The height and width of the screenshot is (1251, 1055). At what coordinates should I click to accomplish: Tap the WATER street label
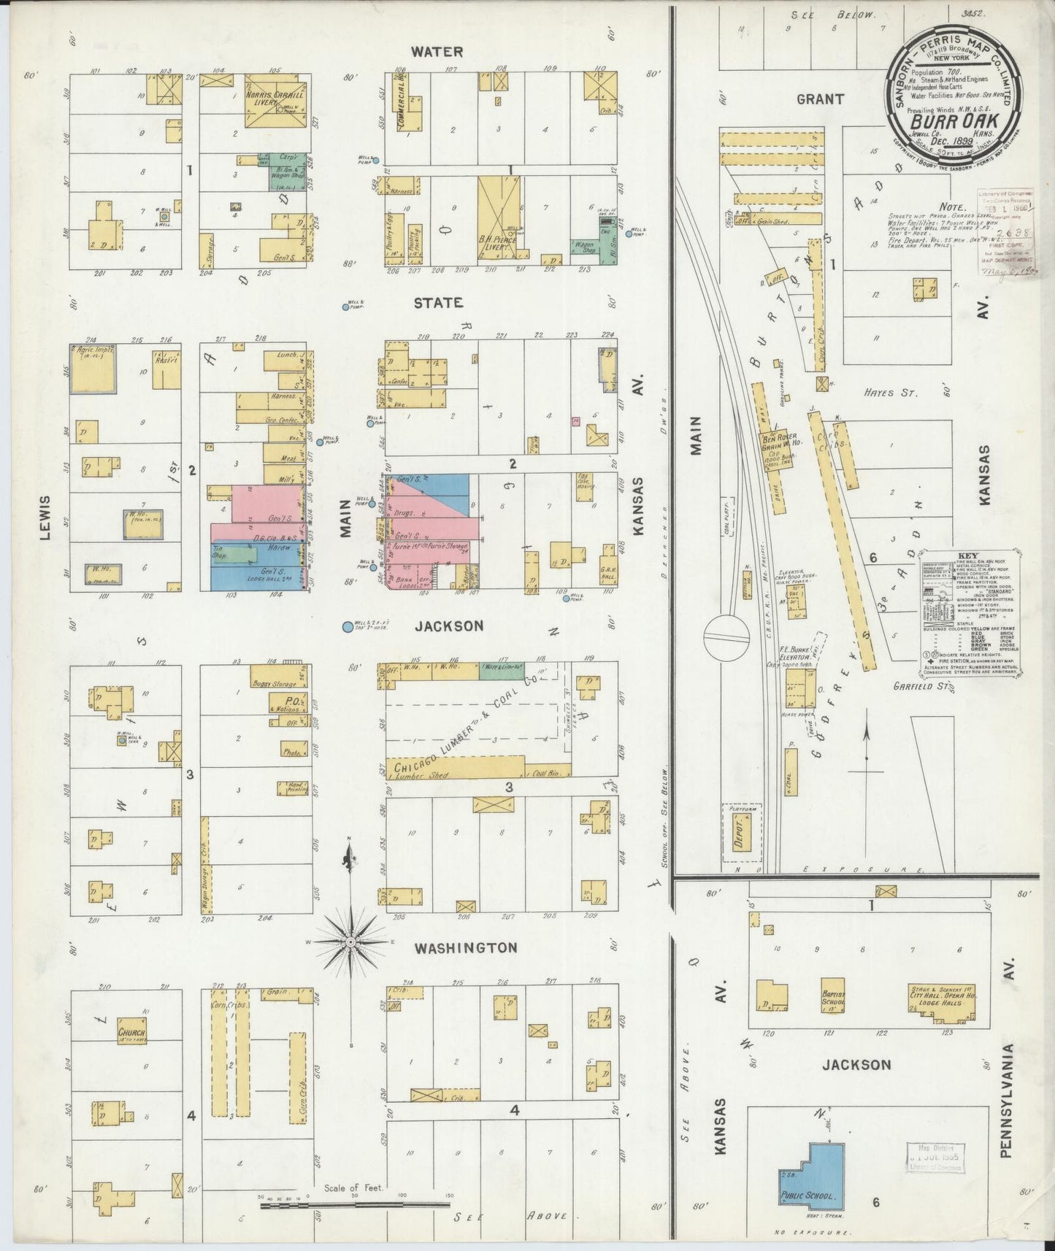click(437, 51)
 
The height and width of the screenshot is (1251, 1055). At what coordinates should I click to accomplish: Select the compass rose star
click(351, 942)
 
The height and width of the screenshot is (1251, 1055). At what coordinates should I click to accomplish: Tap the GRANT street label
click(820, 99)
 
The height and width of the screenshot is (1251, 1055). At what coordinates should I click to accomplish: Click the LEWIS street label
click(45, 517)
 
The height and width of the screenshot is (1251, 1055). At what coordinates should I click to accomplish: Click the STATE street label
click(438, 302)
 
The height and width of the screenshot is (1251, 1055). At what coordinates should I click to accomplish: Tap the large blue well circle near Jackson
click(348, 626)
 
